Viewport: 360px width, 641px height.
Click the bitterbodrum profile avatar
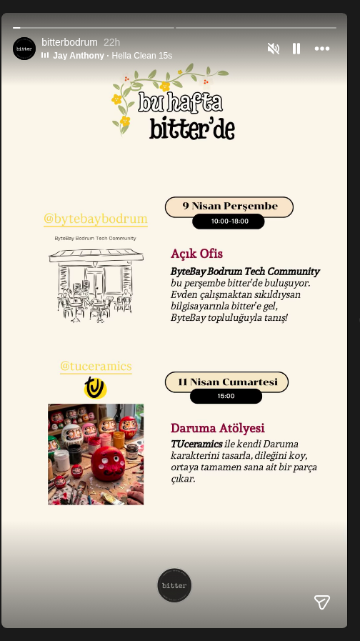click(x=24, y=49)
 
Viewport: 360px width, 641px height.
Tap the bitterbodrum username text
click(x=69, y=42)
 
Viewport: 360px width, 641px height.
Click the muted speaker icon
click(x=273, y=49)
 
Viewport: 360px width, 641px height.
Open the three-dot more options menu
click(x=322, y=49)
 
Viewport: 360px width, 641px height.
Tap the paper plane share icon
click(x=322, y=602)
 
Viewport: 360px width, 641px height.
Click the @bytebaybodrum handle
click(x=96, y=219)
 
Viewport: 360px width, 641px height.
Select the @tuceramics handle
click(x=96, y=366)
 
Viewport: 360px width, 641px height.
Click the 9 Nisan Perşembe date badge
click(x=229, y=207)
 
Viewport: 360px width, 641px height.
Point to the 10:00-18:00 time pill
click(x=229, y=222)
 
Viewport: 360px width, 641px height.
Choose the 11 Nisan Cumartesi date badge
click(x=227, y=382)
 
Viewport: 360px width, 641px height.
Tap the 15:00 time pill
click(x=226, y=396)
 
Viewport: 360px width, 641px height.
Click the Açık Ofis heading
click(x=196, y=254)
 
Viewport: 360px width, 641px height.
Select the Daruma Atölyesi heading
click(x=217, y=428)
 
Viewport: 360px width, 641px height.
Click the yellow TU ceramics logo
click(x=95, y=387)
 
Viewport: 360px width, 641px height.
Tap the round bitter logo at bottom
click(x=174, y=585)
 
